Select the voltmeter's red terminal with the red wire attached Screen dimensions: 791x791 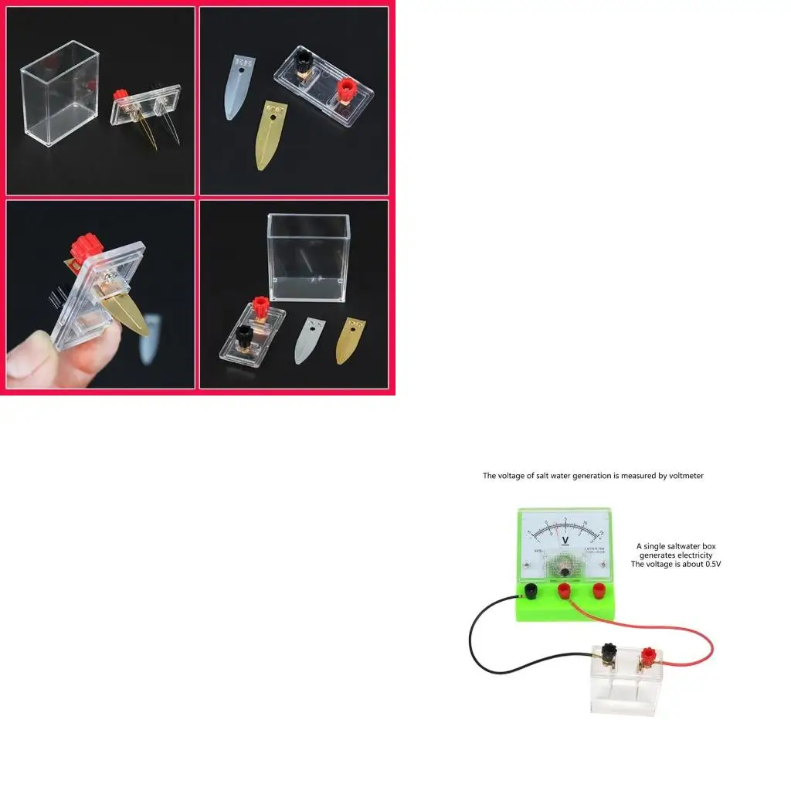click(x=565, y=592)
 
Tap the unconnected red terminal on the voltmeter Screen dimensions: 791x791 click(x=598, y=592)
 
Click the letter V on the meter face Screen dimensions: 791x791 click(x=565, y=540)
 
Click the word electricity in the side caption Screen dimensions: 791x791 click(x=694, y=555)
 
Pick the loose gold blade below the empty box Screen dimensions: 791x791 click(x=351, y=340)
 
